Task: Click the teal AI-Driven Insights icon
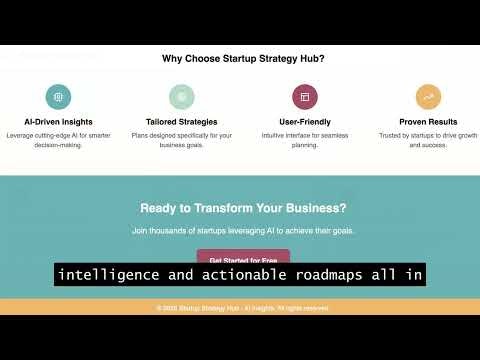(58, 97)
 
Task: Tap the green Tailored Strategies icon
(181, 97)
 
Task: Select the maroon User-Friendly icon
(305, 97)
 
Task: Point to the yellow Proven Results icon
(428, 97)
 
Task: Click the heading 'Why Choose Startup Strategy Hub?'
(243, 59)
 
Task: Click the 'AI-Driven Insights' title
(58, 122)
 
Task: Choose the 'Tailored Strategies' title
(181, 122)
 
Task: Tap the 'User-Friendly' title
(305, 122)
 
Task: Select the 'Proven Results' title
(428, 122)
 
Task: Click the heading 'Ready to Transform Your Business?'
(243, 208)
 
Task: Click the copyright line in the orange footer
(243, 308)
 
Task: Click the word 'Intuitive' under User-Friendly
(279, 135)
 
